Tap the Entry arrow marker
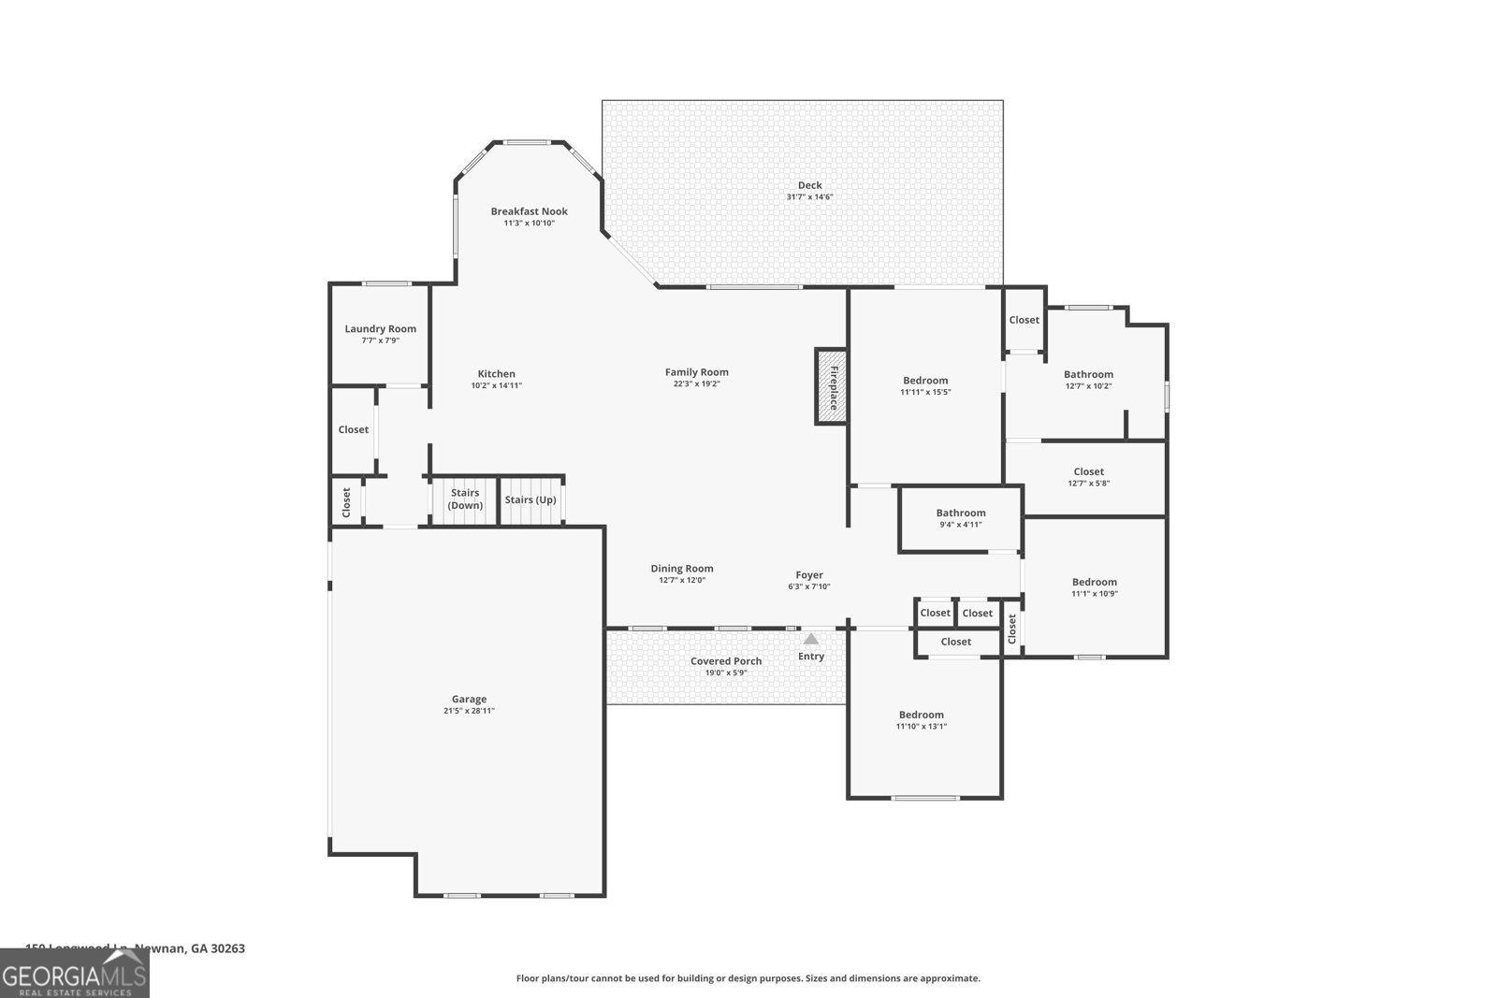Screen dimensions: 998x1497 pos(811,640)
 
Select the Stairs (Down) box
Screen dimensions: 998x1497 pos(465,499)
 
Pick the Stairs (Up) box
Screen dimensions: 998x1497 pos(530,499)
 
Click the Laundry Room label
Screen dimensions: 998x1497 pos(380,328)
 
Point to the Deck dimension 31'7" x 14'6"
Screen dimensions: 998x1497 pos(809,197)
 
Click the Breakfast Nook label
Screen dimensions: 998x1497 pos(530,211)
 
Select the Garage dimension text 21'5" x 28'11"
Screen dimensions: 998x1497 pos(469,711)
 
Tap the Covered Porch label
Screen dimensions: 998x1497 pos(726,661)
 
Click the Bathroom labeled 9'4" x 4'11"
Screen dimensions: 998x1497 pos(961,518)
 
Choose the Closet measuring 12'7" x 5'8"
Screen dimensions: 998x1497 pos(1088,477)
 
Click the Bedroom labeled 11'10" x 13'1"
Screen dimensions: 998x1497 pos(922,720)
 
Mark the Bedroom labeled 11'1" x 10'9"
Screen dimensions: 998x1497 pos(1094,586)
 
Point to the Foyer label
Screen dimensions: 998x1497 pos(809,575)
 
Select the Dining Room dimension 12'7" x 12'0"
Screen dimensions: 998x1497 pos(682,580)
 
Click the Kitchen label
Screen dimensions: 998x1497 pos(496,374)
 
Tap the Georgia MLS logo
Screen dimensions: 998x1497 pos(75,974)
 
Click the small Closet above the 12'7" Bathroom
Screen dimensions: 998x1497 pos(1024,320)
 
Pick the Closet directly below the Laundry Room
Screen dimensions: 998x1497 pos(354,429)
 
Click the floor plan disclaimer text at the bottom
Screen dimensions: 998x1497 pos(748,978)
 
